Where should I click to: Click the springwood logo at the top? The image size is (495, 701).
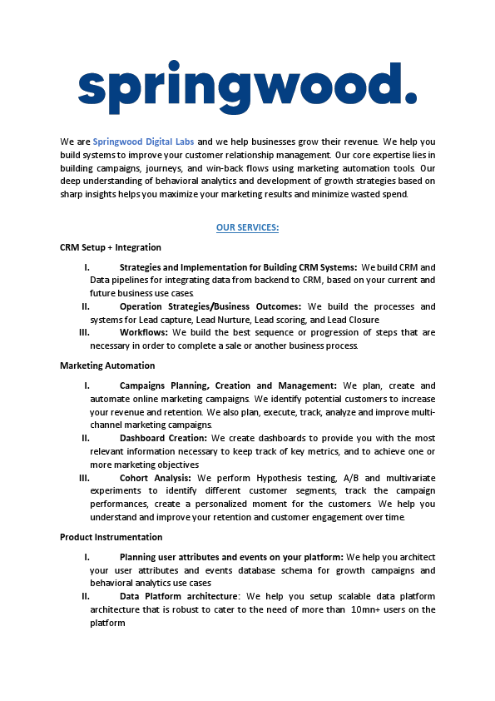click(x=247, y=87)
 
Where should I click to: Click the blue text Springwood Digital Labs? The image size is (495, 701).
click(x=143, y=142)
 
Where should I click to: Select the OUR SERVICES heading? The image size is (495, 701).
click(x=247, y=227)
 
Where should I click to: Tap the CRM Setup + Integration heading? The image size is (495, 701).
click(x=111, y=247)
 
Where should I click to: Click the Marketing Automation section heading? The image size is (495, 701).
click(x=107, y=365)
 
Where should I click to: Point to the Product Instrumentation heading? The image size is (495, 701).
click(x=111, y=537)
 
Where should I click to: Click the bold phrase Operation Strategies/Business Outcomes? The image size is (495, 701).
click(x=210, y=306)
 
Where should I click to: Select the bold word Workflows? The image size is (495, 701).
click(x=143, y=332)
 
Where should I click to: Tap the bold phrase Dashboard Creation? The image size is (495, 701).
click(x=163, y=438)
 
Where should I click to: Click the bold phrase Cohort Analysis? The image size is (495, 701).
click(x=155, y=478)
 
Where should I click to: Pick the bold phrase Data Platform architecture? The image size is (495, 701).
click(x=179, y=596)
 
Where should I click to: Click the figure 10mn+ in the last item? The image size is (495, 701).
click(x=367, y=609)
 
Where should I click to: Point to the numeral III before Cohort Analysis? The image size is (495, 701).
click(x=84, y=478)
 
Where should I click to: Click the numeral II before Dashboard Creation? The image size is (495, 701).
click(x=85, y=438)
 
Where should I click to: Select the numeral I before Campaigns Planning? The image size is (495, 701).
click(x=87, y=385)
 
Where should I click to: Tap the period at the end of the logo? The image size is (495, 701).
click(x=410, y=98)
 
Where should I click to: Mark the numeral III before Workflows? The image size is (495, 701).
click(x=84, y=332)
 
